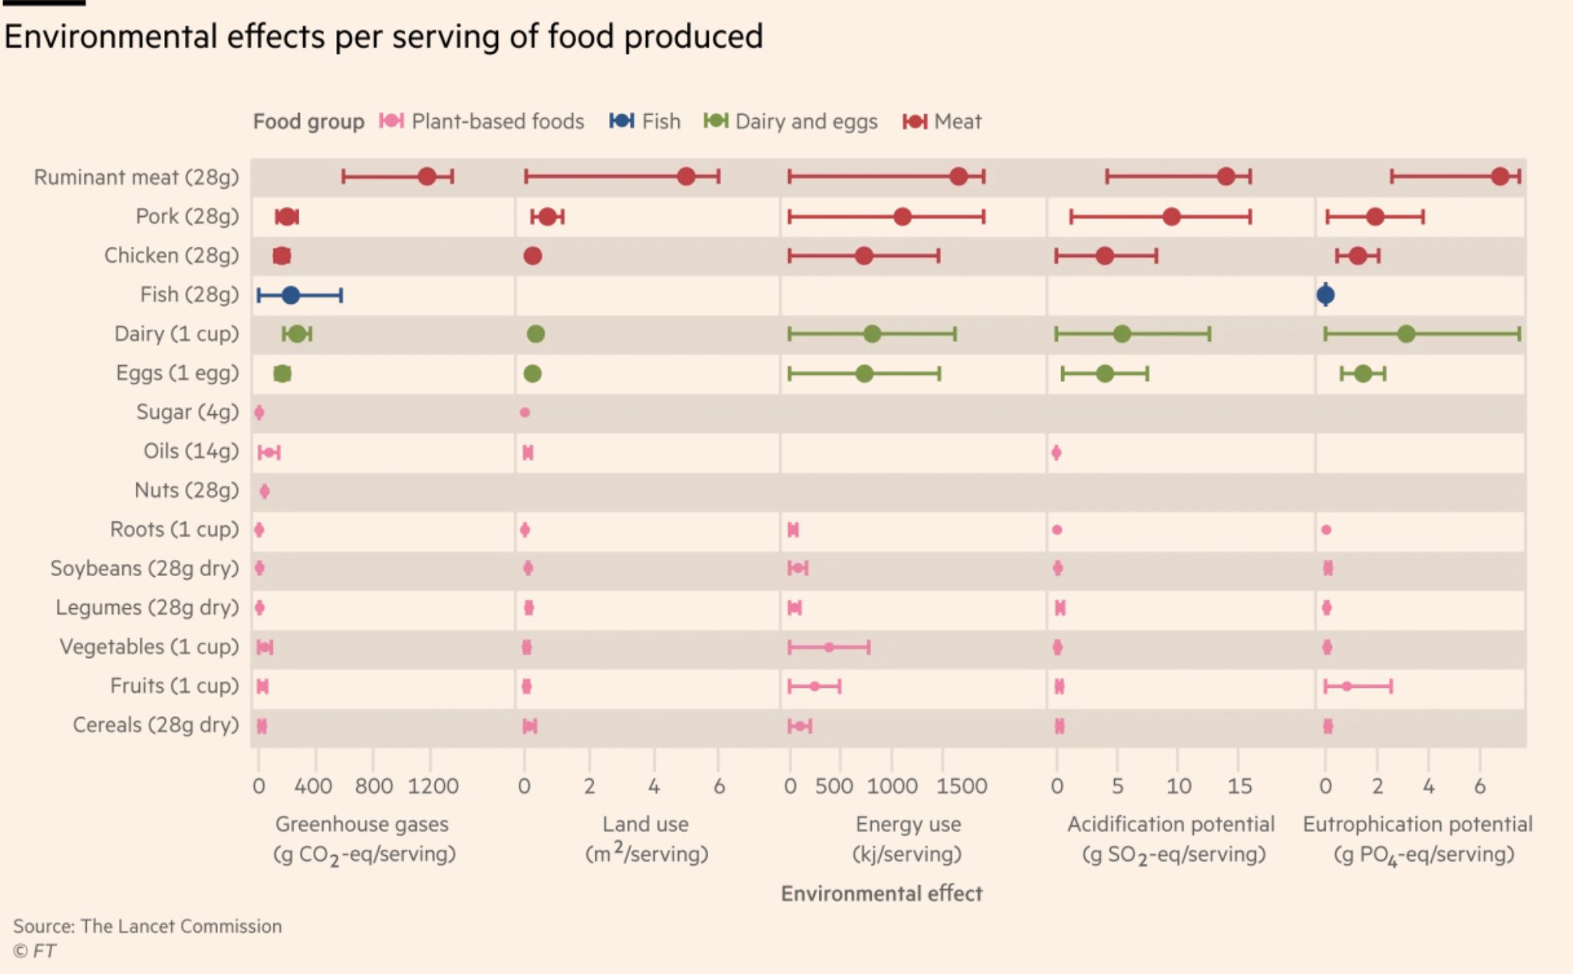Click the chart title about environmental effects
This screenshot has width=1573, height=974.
coord(384,37)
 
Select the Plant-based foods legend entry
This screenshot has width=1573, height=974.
coord(482,121)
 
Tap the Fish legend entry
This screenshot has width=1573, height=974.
coord(645,121)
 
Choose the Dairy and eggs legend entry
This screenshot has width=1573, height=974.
coord(791,121)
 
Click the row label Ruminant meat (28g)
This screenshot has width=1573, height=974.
coord(137,177)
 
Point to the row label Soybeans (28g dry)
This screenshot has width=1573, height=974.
coord(145,568)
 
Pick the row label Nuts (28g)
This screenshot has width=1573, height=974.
coord(186,490)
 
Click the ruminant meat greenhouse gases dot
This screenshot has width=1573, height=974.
coord(427,176)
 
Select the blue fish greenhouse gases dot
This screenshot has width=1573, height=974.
coord(291,295)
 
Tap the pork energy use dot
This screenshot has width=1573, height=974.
coord(902,216)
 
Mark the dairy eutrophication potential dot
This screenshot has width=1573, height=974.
coord(1406,334)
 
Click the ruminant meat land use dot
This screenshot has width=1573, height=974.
coord(686,176)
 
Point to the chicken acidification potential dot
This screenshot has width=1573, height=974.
coord(1104,255)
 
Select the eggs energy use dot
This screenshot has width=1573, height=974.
coord(864,373)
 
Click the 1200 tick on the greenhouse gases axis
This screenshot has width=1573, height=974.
coord(433,786)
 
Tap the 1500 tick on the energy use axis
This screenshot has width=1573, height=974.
coord(961,786)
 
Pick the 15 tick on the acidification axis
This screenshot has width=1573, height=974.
coord(1239,786)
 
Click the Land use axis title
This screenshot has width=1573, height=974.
coord(645,824)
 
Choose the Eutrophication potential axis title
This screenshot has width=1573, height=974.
coord(1417,824)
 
